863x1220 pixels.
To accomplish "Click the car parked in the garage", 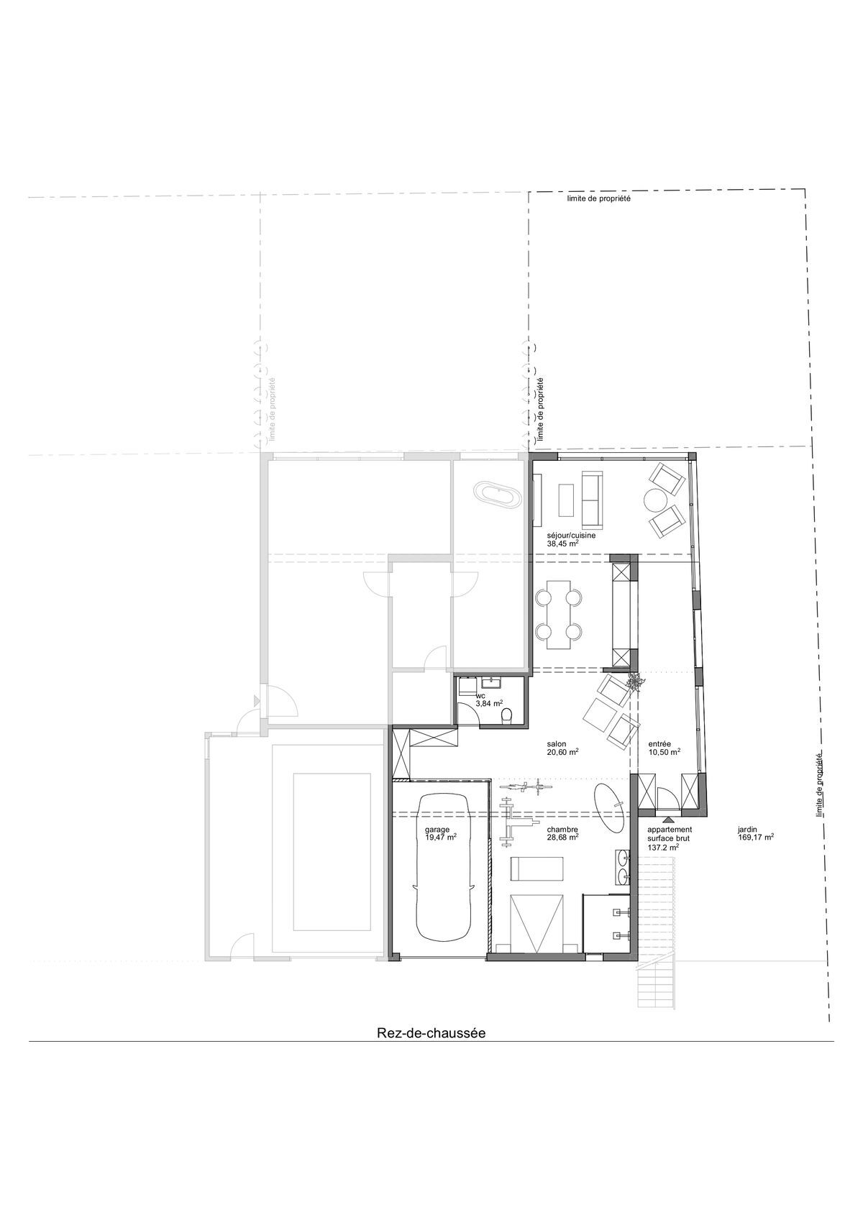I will tap(441, 867).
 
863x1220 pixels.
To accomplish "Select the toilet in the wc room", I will tap(508, 715).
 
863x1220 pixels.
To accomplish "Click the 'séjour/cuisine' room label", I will tap(571, 536).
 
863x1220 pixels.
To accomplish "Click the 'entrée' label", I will tap(659, 744).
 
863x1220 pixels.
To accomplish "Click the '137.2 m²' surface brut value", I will tap(663, 848).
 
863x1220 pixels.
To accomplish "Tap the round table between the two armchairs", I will tap(656, 500).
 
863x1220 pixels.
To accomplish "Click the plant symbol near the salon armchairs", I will tap(634, 681).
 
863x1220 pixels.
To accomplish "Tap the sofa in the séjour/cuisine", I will tap(593, 498).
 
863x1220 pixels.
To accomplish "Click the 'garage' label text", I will tap(437, 829).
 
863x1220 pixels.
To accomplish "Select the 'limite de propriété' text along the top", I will tap(598, 199).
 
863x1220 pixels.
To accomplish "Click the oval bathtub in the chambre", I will tap(609, 808).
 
